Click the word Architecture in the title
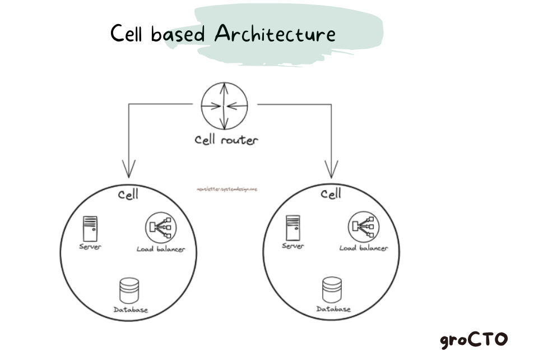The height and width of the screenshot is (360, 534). (x=275, y=34)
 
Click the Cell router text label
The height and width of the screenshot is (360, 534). (x=226, y=140)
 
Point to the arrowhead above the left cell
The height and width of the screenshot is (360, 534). (x=129, y=168)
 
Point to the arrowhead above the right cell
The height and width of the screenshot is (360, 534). (x=332, y=168)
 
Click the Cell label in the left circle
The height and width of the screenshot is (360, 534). (x=128, y=195)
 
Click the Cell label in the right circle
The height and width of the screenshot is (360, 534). (x=331, y=195)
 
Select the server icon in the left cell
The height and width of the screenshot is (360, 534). (x=90, y=228)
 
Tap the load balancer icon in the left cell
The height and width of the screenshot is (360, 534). (x=159, y=227)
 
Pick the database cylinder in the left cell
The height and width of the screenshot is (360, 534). (x=129, y=291)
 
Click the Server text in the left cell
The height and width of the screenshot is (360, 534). (x=90, y=247)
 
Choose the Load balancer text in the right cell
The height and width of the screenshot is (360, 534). (x=363, y=248)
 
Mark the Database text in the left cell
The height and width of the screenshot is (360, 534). (x=131, y=310)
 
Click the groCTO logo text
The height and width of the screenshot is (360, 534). (x=473, y=339)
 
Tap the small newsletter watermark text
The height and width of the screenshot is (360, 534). (x=227, y=190)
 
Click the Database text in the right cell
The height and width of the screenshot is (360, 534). (x=333, y=309)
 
